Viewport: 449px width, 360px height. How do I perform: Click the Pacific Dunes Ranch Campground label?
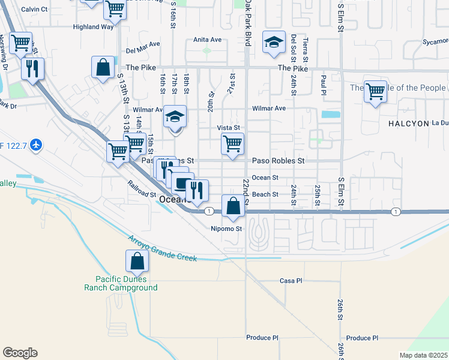(126, 283)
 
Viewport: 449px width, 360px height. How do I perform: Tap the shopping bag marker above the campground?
(137, 262)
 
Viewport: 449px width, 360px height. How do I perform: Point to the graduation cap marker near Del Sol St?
(274, 43)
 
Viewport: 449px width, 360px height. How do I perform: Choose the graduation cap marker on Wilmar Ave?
(176, 116)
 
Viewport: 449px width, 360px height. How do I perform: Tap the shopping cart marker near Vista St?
(232, 144)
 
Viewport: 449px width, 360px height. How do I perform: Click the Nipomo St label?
(226, 229)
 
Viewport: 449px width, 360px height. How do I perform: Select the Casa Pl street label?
(291, 281)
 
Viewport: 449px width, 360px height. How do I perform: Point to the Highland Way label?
(93, 27)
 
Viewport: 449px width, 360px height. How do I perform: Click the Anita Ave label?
(207, 40)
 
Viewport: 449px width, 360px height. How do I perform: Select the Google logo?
(20, 353)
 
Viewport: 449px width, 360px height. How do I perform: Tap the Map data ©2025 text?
(423, 355)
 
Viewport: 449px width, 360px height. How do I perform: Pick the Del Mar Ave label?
(143, 44)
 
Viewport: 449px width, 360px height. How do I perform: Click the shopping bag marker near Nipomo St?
(233, 206)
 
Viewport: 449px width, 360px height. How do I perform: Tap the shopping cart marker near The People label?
(375, 92)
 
